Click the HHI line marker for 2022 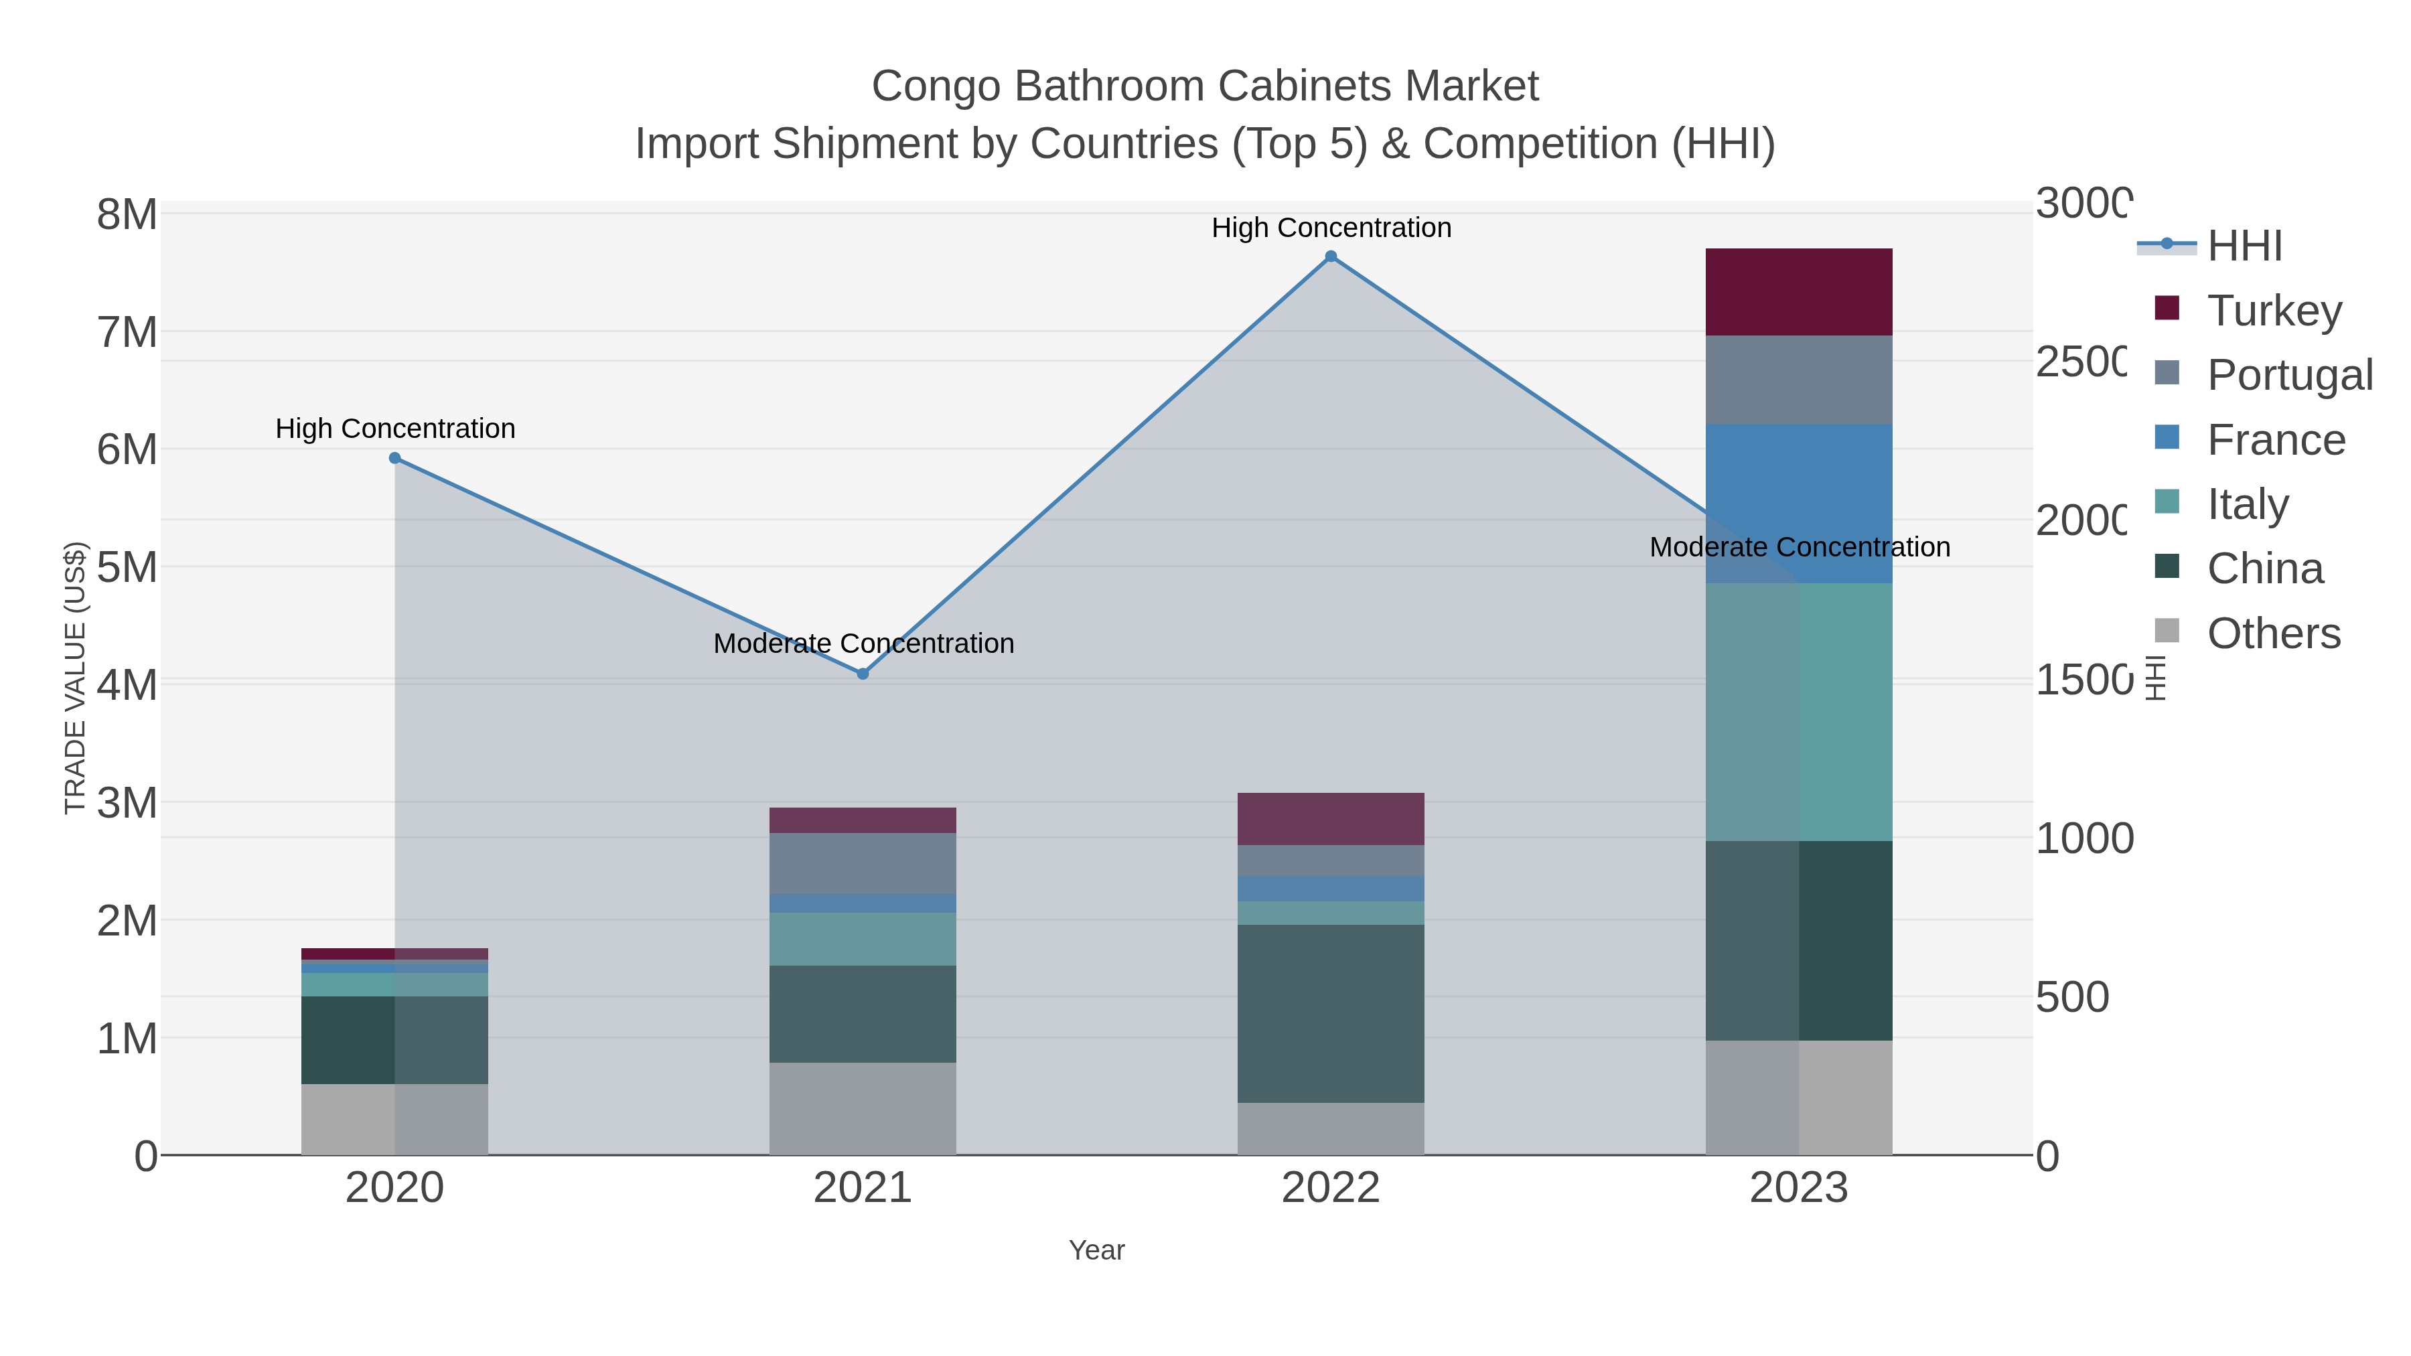[x=1331, y=256]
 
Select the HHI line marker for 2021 [x=863, y=674]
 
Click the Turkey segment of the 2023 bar [x=1799, y=292]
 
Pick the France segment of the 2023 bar [x=1799, y=504]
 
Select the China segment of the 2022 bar [x=1331, y=1014]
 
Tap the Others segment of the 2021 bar [x=863, y=1108]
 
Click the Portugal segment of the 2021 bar [x=863, y=863]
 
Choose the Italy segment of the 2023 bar [x=1799, y=711]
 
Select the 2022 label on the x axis [x=1331, y=1189]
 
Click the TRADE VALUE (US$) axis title [x=75, y=678]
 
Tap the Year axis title [x=1097, y=1250]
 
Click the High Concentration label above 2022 [x=1331, y=228]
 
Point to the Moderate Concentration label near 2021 [x=863, y=644]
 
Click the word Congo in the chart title [x=937, y=87]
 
